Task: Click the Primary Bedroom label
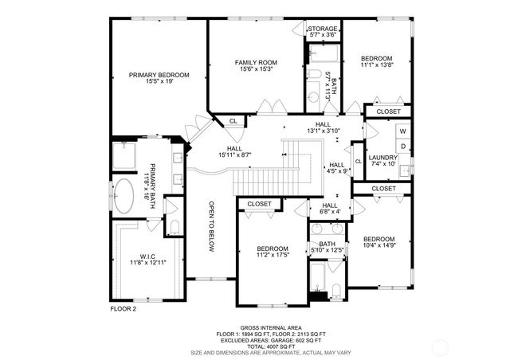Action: (x=159, y=75)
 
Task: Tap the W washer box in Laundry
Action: (x=403, y=131)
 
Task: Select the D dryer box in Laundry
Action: (x=403, y=146)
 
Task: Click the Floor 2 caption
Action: (x=124, y=307)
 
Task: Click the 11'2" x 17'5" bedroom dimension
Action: (x=273, y=255)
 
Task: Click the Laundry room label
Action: (x=382, y=158)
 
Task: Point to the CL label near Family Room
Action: (x=233, y=121)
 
